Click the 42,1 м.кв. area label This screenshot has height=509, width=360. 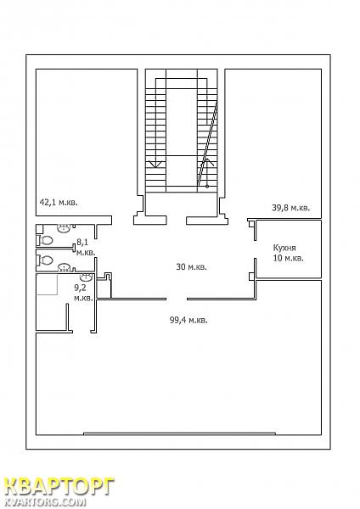tap(59, 203)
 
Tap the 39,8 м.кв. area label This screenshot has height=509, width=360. tap(290, 208)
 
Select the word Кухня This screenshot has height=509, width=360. tap(284, 248)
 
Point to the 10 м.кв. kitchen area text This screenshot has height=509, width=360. tap(289, 259)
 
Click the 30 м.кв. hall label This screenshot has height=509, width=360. tap(191, 267)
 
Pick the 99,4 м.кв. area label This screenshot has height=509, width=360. tap(188, 321)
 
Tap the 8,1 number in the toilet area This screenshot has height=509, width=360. tap(82, 242)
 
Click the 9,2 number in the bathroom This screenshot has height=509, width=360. tap(80, 287)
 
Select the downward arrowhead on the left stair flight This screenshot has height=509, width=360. tap(155, 164)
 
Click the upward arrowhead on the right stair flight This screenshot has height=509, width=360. tap(207, 162)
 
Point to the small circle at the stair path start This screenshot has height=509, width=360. tap(207, 187)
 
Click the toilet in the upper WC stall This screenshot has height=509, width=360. tap(46, 241)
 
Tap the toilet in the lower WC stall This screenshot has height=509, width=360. tap(46, 260)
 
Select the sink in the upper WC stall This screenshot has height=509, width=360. tap(64, 227)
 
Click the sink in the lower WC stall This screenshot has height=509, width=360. tap(65, 268)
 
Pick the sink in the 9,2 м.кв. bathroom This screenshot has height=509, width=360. tap(87, 277)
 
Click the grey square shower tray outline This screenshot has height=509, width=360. tap(47, 284)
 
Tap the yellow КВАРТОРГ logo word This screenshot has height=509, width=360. tap(59, 487)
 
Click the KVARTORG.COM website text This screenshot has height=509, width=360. tap(46, 502)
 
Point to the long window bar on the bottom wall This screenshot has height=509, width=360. tap(179, 433)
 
